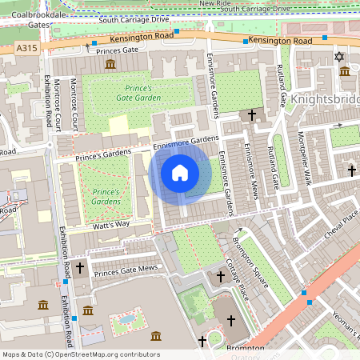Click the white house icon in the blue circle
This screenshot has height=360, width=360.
[180, 172]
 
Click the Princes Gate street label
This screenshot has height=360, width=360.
[117, 51]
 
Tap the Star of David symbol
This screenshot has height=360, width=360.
[338, 57]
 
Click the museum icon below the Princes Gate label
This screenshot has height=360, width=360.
[110, 64]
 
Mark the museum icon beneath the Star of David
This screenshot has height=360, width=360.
[345, 72]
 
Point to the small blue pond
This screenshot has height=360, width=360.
[126, 319]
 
